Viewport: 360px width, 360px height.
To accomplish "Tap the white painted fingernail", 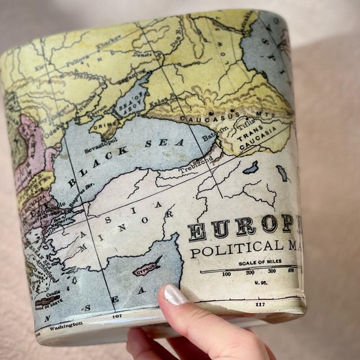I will pyautogui.click(x=174, y=295).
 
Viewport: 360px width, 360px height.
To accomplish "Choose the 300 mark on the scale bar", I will pyautogui.click(x=271, y=271).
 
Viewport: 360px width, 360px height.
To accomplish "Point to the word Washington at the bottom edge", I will pyautogui.click(x=65, y=325).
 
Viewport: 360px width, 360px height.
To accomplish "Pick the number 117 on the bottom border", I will pyautogui.click(x=259, y=304).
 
